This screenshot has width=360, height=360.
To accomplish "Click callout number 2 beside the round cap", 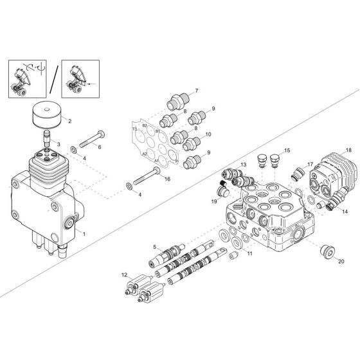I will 70,121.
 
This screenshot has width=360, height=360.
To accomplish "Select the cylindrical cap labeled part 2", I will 47,118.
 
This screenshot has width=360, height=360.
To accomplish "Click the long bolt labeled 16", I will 148,176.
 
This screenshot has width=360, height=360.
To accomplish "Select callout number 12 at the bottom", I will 124,274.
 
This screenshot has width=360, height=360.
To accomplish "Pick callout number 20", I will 341,262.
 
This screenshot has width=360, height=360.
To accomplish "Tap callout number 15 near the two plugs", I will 287,150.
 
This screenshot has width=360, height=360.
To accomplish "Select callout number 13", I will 243,165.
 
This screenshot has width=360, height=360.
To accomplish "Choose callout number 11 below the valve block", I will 250,253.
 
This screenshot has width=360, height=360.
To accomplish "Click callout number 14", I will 345,211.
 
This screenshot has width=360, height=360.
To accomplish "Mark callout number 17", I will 310,165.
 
